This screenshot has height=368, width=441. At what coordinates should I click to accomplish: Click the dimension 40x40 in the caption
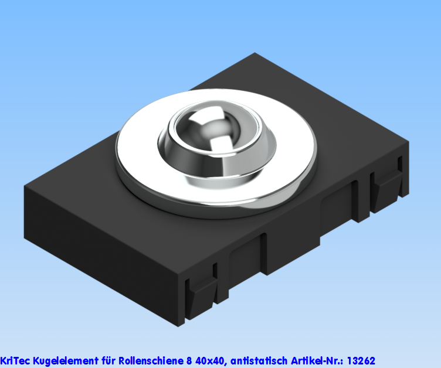(x=211, y=360)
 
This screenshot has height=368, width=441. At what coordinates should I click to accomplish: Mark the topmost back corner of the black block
(x=254, y=54)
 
